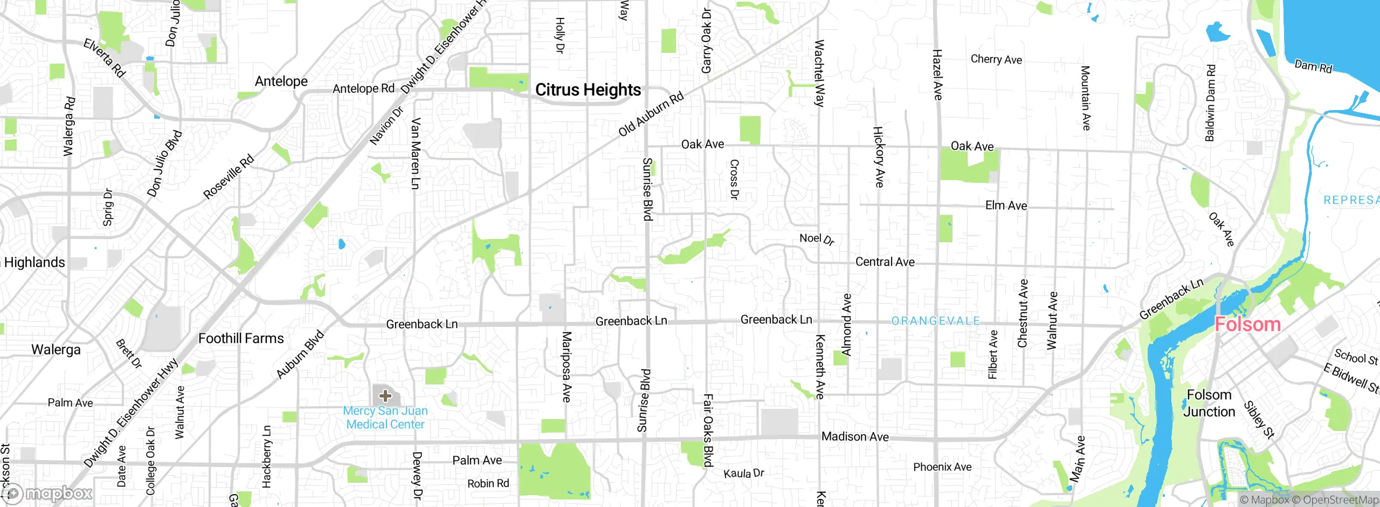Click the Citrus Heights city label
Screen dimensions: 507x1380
(588, 90)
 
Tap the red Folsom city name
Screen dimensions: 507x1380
(1247, 324)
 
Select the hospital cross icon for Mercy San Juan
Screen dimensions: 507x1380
(385, 396)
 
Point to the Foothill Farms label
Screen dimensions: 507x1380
(241, 338)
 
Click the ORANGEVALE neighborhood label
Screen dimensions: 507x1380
(936, 321)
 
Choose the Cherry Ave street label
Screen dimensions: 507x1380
(996, 59)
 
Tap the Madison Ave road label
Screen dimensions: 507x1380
(855, 436)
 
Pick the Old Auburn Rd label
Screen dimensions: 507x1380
(651, 114)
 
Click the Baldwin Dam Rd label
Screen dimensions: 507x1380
(1210, 103)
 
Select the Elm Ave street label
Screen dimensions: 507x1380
(1006, 205)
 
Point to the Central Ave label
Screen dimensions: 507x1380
(885, 262)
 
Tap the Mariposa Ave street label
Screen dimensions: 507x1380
(567, 367)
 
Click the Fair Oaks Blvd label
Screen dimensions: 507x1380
(708, 430)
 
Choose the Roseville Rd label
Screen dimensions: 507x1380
(228, 177)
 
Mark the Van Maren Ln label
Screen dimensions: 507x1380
(416, 154)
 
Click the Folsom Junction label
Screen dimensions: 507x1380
(1209, 403)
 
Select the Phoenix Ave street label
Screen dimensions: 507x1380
(942, 467)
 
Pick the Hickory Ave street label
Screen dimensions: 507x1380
(879, 157)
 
